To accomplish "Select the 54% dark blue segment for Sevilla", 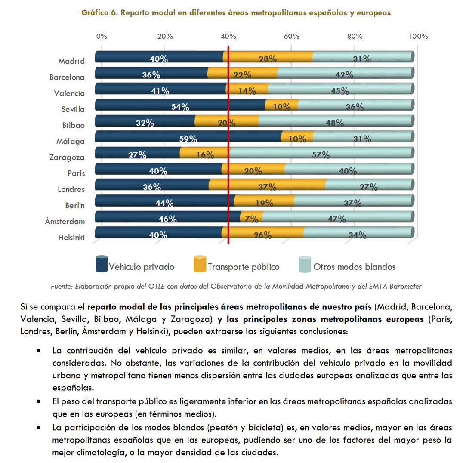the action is tap(180, 105).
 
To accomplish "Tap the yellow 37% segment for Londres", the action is tap(267, 185).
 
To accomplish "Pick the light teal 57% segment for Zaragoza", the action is tap(321, 153).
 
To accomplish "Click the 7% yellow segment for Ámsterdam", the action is tap(252, 217).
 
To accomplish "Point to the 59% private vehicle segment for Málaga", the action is tap(188, 137).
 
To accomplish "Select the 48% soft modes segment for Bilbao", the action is tap(336, 121).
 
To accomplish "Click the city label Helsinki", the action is tap(71, 238).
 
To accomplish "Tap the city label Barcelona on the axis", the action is tap(67, 77).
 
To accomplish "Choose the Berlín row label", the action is tap(75, 206).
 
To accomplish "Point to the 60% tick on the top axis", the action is tap(292, 36).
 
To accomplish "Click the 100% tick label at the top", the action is tap(418, 36).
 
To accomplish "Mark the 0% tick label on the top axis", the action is tap(102, 36).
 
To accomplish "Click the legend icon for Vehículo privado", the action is tap(102, 263).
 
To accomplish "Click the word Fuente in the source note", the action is tap(62, 286).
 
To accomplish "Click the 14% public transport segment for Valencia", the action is tap(247, 89).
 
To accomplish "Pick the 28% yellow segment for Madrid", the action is tap(268, 57).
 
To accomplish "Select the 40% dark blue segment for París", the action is tap(158, 169).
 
